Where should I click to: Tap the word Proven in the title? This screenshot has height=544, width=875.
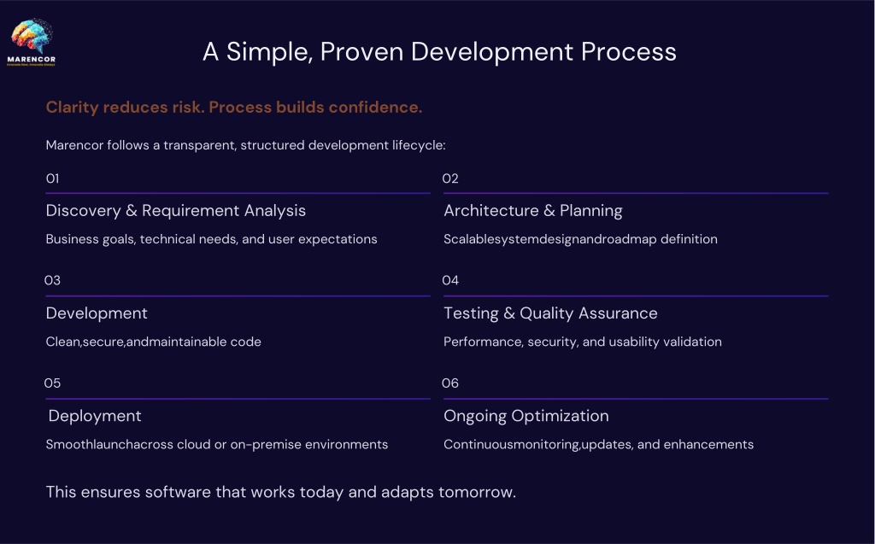coord(361,52)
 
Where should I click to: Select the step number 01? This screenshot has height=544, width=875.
coord(52,178)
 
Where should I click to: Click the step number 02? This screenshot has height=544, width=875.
coord(450,178)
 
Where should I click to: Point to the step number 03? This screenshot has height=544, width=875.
coord(52,280)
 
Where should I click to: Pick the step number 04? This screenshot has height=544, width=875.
coord(450,280)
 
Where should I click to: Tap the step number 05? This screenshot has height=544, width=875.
coord(52,383)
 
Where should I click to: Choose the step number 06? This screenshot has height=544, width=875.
coord(450,383)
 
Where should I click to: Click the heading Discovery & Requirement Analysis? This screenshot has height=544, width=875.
coord(176,210)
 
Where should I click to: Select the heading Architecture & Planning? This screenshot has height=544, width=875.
coord(533,210)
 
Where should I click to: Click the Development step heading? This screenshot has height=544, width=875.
coord(97,313)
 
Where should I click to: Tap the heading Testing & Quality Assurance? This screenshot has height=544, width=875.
coord(550,313)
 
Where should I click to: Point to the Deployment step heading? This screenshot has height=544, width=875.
coord(95,416)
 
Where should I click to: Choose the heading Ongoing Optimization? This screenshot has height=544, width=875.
coord(526,416)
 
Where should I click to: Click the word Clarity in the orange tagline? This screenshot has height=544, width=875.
coord(72,107)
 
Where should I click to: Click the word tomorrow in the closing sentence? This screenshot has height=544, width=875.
coord(477,492)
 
